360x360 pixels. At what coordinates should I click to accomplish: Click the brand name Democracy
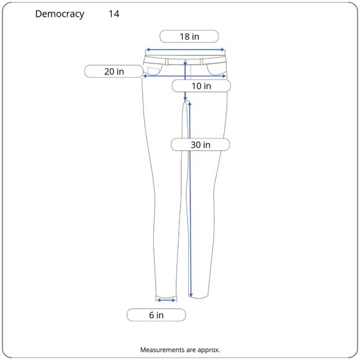tap(60, 14)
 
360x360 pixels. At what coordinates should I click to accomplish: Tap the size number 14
tap(114, 14)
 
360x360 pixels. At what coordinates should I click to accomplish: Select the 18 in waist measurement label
tap(189, 37)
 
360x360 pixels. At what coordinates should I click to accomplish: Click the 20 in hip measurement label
tap(114, 71)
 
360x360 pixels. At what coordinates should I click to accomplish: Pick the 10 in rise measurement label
tap(201, 86)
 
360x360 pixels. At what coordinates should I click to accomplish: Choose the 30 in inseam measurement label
tap(200, 145)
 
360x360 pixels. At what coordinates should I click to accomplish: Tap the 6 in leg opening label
tap(156, 315)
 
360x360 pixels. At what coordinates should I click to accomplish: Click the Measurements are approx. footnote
tap(180, 350)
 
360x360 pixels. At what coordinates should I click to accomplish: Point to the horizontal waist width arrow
tap(185, 50)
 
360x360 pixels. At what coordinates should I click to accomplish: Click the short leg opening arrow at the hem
tap(166, 300)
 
